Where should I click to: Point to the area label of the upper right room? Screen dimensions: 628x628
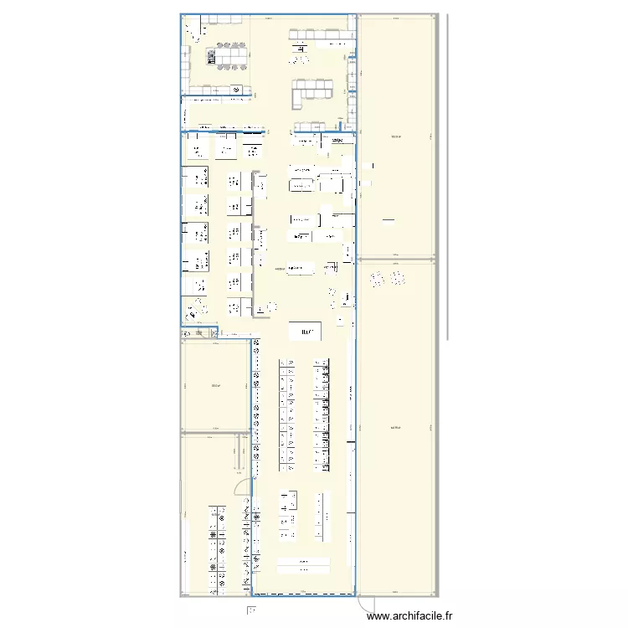click(x=396, y=136)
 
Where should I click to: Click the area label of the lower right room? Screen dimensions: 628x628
click(x=396, y=428)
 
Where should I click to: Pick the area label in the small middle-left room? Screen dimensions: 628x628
click(x=215, y=385)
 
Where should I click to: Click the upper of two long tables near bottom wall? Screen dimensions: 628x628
click(x=304, y=561)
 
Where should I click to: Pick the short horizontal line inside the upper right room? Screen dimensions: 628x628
click(x=388, y=222)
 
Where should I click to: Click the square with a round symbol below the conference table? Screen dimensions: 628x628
click(x=237, y=88)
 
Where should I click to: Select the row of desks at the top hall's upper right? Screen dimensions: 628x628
click(x=318, y=35)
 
